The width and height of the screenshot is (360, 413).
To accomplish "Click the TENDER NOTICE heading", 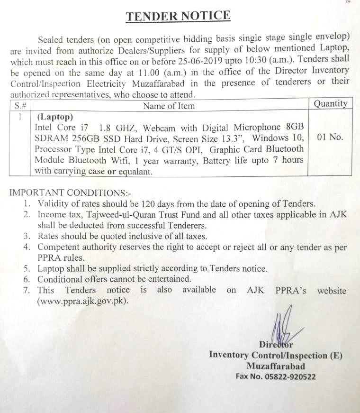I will pos(178,16).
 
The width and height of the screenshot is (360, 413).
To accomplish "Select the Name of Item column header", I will pos(169,106).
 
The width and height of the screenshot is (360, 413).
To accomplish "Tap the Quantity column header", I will pos(330,104).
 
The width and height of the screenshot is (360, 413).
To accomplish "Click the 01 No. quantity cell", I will pos(330,138).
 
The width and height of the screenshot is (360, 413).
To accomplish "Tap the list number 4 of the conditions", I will pos(28,247).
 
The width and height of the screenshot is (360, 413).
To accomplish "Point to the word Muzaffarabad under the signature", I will pos(276,366).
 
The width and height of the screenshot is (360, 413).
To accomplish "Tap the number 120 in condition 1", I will pos(150,204).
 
